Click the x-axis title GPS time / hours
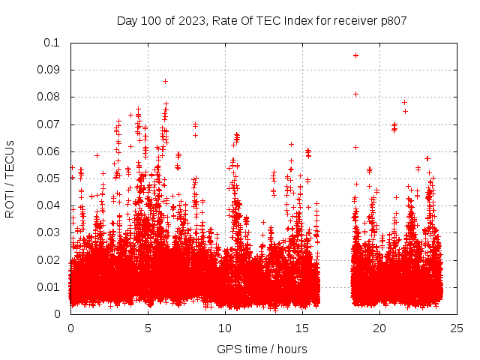click(x=262, y=349)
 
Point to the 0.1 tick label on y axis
click(x=51, y=43)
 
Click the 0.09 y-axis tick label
click(x=48, y=70)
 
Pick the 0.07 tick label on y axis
click(x=48, y=124)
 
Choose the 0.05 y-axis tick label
click(x=48, y=178)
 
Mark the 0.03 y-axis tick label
click(x=48, y=232)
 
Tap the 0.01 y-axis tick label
click(x=48, y=287)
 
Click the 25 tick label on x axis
click(x=457, y=328)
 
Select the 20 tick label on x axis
click(x=379, y=328)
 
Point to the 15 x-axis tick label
click(x=302, y=328)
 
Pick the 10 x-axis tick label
click(x=225, y=328)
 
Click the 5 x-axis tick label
click(x=148, y=328)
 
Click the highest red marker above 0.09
click(x=355, y=55)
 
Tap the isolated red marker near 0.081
click(x=355, y=94)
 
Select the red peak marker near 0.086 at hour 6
click(x=165, y=81)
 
